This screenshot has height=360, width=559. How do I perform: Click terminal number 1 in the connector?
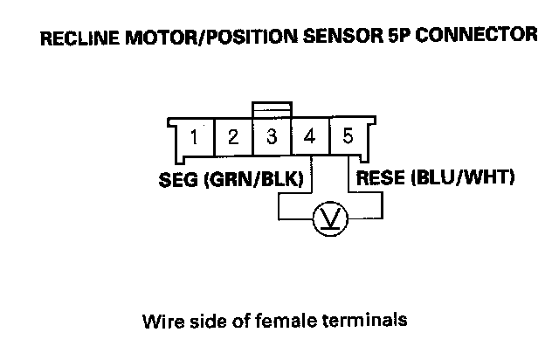pyautogui.click(x=197, y=138)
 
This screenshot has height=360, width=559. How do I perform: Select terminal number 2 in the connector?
pyautogui.click(x=234, y=138)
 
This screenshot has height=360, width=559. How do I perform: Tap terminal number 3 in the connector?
pyautogui.click(x=272, y=138)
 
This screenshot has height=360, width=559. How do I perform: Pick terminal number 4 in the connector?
pyautogui.click(x=309, y=138)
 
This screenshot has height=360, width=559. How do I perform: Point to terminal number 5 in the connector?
pyautogui.click(x=348, y=137)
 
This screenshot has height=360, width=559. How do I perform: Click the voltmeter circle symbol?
pyautogui.click(x=328, y=216)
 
